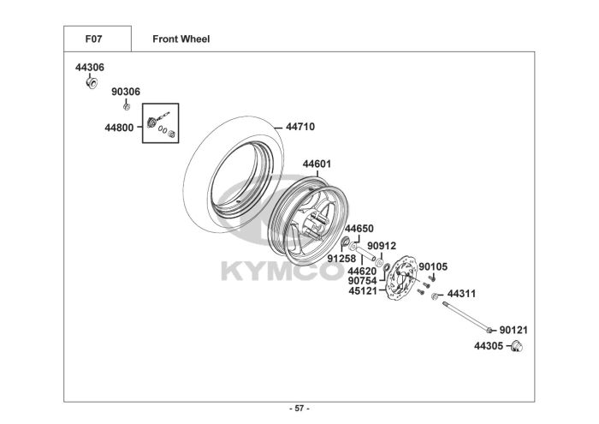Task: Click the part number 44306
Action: tap(89, 67)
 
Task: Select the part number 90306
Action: tap(127, 92)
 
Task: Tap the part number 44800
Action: tap(119, 127)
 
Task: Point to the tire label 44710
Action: tap(299, 127)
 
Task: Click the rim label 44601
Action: tap(317, 164)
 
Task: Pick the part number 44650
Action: tap(359, 230)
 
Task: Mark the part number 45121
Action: tap(363, 290)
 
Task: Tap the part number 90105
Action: tap(434, 266)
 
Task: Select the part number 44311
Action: tap(461, 293)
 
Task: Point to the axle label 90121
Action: tap(515, 330)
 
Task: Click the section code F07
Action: tap(96, 39)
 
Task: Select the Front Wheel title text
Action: tap(181, 39)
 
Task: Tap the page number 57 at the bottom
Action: tap(299, 408)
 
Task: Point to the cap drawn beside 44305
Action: tap(516, 346)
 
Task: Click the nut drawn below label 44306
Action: tap(89, 83)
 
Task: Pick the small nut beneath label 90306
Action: tap(127, 105)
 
